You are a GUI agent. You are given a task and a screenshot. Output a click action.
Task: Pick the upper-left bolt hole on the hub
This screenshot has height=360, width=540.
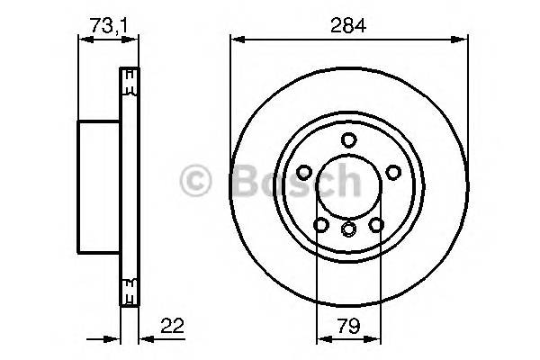306,171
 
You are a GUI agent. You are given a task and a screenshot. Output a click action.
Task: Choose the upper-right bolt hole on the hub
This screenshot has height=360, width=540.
393,171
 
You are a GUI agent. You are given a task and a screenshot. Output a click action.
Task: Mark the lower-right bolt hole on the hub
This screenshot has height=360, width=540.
377,223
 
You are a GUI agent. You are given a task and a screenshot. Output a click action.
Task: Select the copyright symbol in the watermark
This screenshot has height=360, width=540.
197,180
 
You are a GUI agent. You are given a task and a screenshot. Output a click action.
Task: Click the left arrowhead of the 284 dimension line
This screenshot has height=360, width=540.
235,39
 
